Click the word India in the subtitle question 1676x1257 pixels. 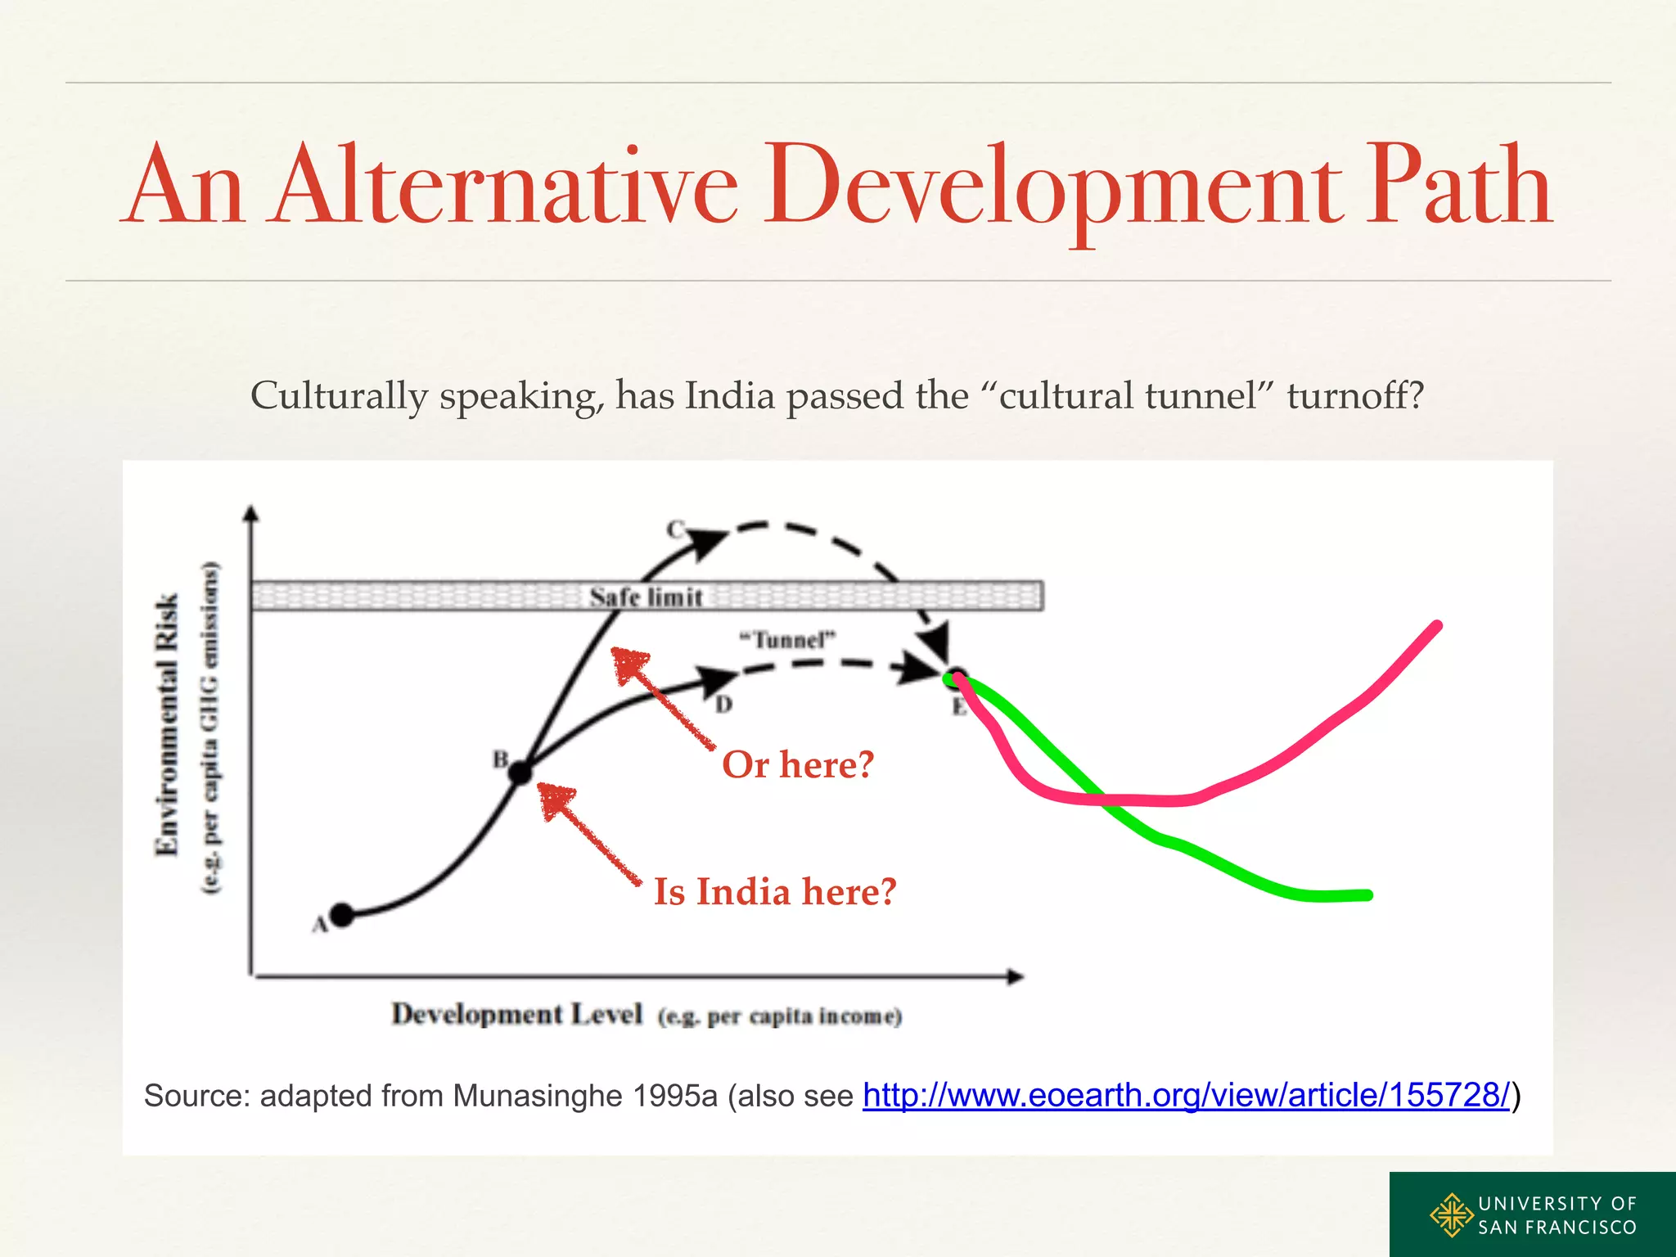[729, 396]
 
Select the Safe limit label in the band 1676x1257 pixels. [646, 597]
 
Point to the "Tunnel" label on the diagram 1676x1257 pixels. [787, 639]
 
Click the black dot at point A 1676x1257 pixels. [342, 915]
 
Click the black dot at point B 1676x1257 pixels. [520, 772]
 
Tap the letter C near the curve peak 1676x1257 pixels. [674, 529]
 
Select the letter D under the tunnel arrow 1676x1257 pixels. [723, 704]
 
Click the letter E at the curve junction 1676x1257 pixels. [958, 707]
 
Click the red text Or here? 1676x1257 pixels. [798, 765]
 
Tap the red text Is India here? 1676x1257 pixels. [774, 892]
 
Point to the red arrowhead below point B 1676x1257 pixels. [556, 800]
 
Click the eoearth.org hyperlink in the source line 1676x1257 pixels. [1186, 1095]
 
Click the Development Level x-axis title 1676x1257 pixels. [516, 1014]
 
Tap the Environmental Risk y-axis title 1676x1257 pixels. [166, 724]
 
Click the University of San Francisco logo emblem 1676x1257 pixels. [1450, 1214]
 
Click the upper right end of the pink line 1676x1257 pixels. [1437, 626]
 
